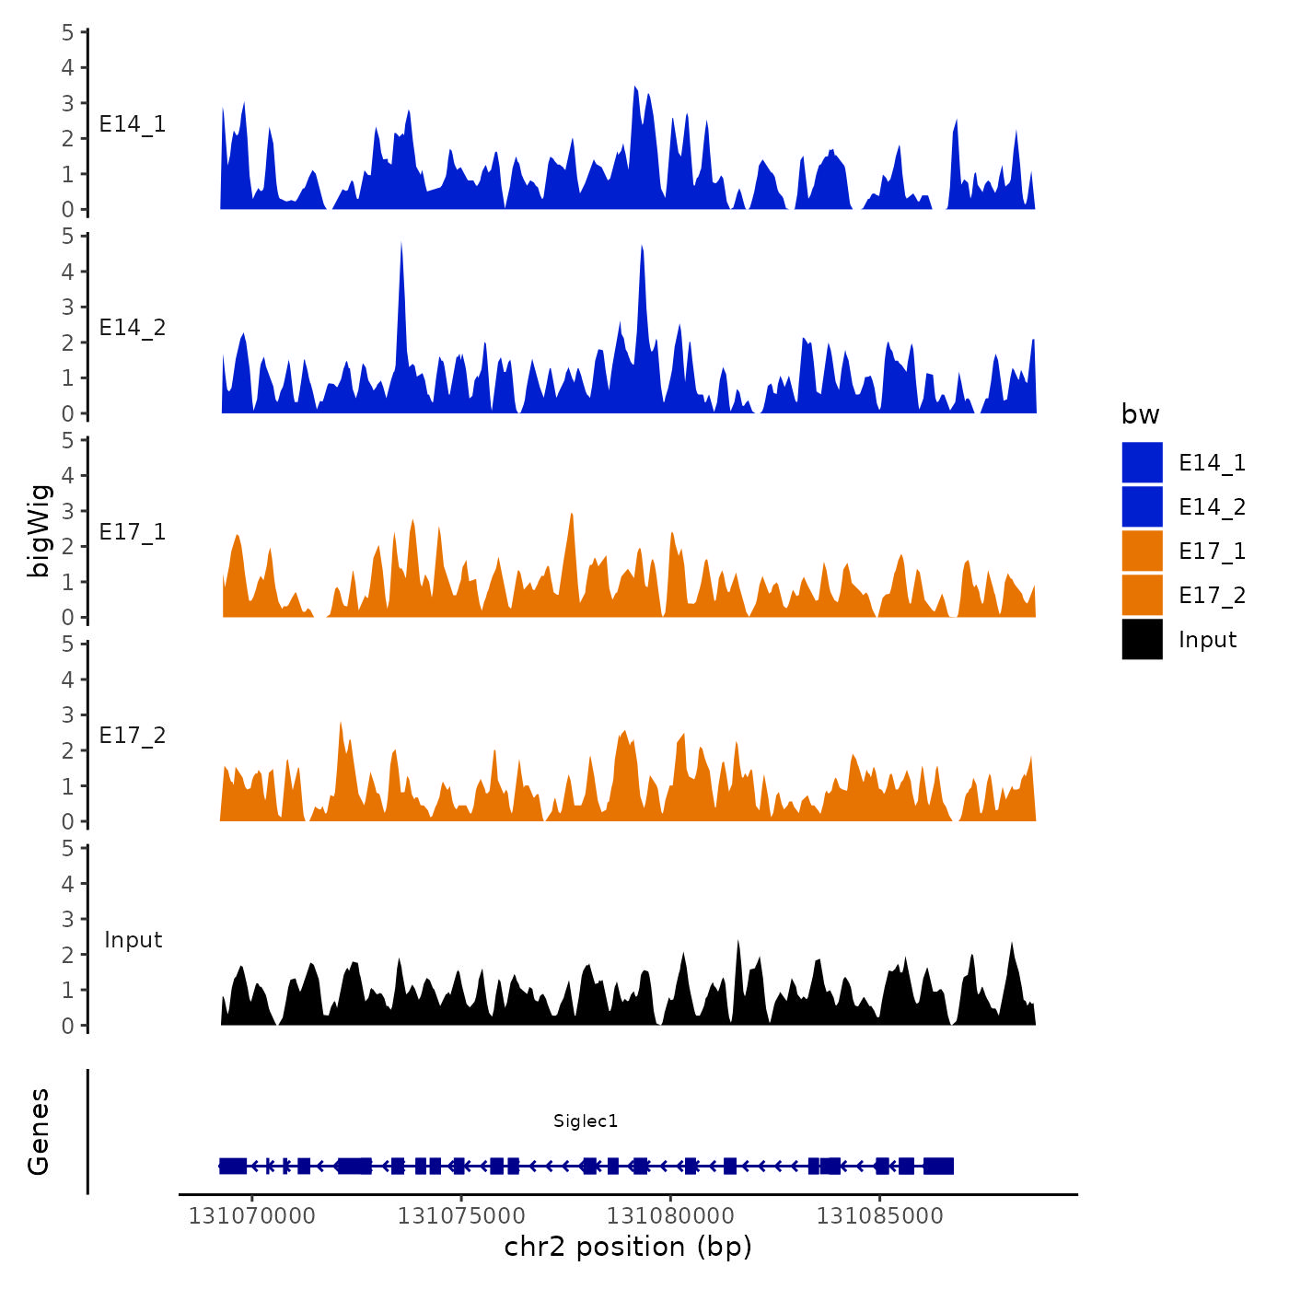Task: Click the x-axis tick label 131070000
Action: pos(251,1216)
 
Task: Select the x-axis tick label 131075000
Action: pos(460,1216)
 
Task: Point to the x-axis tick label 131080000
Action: pos(670,1216)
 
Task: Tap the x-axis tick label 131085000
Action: pos(879,1216)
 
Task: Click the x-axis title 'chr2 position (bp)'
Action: pos(628,1248)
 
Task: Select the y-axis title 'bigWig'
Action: pos(40,530)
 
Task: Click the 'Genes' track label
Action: pos(39,1132)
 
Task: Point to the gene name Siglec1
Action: pos(586,1121)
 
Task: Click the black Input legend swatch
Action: pos(1142,639)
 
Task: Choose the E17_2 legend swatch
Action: pos(1142,595)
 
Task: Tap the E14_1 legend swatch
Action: pos(1142,462)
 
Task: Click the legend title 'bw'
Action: pos(1140,414)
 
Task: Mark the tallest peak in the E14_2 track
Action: pos(401,245)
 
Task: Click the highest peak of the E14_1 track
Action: pos(635,88)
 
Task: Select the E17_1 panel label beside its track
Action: pos(133,531)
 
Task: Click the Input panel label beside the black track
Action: pos(133,940)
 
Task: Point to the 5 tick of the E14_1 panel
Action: pos(68,32)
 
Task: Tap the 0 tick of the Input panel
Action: pos(68,1026)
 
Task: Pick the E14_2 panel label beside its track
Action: pos(133,328)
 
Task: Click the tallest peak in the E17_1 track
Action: pos(572,515)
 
